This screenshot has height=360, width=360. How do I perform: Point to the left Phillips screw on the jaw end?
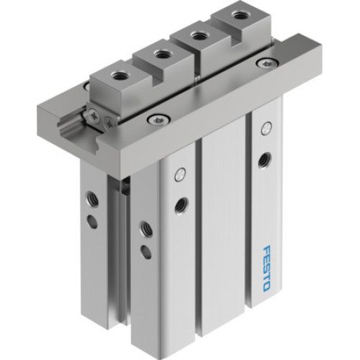tap(93, 114)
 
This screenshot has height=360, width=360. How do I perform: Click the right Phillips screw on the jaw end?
tap(108, 123)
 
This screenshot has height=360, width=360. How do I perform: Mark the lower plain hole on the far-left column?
tap(92, 220)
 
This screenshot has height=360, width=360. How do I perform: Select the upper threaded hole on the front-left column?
tap(145, 228)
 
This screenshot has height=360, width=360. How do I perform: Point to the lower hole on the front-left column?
tap(146, 251)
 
